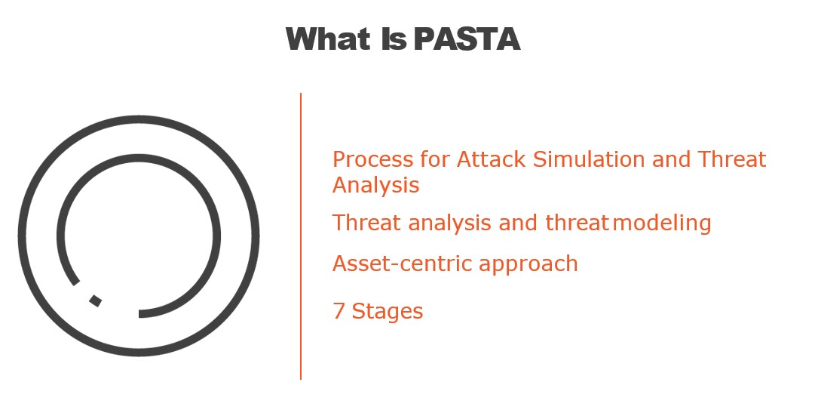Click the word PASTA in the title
pyautogui.click(x=467, y=39)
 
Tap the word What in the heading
pyautogui.click(x=329, y=39)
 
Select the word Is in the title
pyautogui.click(x=394, y=39)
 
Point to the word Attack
pyautogui.click(x=491, y=159)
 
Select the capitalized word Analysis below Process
pyautogui.click(x=375, y=186)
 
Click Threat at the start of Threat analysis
pyautogui.click(x=367, y=223)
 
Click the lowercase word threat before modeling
pyautogui.click(x=577, y=223)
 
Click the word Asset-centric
pyautogui.click(x=403, y=264)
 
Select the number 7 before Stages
pyautogui.click(x=339, y=311)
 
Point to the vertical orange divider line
pyautogui.click(x=300, y=236)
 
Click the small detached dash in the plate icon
pyautogui.click(x=95, y=301)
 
